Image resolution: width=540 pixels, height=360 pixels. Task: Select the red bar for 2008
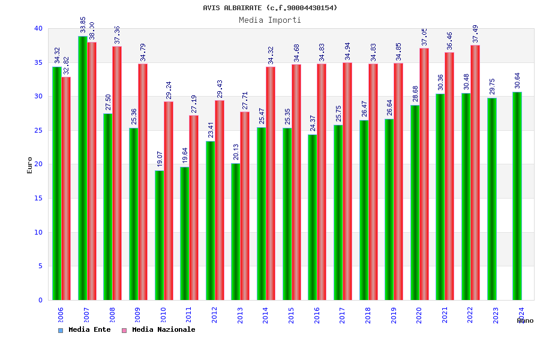[117, 173]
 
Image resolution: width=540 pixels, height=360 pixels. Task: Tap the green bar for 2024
[517, 196]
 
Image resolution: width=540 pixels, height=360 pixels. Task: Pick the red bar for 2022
[475, 172]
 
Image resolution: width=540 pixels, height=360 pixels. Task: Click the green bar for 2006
[56, 183]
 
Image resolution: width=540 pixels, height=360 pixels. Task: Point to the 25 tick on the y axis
[38, 130]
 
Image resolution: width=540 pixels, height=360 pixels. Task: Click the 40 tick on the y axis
[38, 28]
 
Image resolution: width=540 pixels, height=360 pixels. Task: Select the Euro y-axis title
[30, 165]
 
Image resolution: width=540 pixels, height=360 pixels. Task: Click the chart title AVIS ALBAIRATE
[270, 8]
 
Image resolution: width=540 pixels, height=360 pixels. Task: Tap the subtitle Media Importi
[270, 20]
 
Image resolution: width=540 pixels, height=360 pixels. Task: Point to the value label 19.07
[160, 159]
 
